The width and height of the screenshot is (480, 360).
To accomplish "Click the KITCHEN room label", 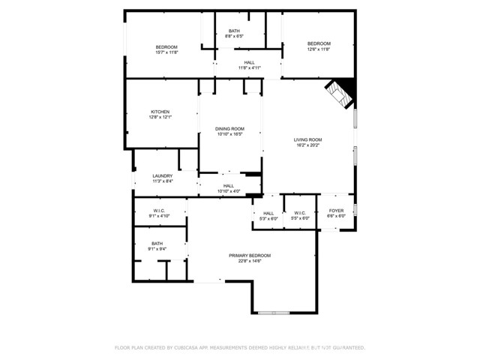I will click(160, 112).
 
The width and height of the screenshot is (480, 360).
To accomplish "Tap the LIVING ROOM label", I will click(307, 140).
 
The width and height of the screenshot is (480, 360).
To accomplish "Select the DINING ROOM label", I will click(230, 129).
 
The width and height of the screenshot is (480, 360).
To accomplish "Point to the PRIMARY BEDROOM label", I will click(250, 256).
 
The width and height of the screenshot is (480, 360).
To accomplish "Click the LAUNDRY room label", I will click(163, 176).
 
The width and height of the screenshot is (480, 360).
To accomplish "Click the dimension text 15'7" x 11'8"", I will click(166, 52).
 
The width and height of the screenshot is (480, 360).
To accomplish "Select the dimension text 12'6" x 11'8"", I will click(319, 49).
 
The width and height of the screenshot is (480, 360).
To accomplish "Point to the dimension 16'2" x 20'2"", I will click(307, 145).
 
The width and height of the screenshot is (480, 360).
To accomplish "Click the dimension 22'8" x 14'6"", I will click(250, 261).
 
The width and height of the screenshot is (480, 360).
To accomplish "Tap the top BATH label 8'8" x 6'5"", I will click(234, 31).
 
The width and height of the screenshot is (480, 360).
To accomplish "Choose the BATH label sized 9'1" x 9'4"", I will click(157, 243).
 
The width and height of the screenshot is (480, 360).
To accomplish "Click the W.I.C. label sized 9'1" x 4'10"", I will click(159, 211).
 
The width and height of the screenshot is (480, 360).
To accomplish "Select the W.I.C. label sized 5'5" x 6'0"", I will click(300, 213).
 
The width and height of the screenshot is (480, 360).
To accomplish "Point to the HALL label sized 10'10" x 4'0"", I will click(228, 186).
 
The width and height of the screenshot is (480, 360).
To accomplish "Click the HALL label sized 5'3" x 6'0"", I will click(268, 213).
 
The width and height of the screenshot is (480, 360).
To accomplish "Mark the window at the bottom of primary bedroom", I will click(274, 312).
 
